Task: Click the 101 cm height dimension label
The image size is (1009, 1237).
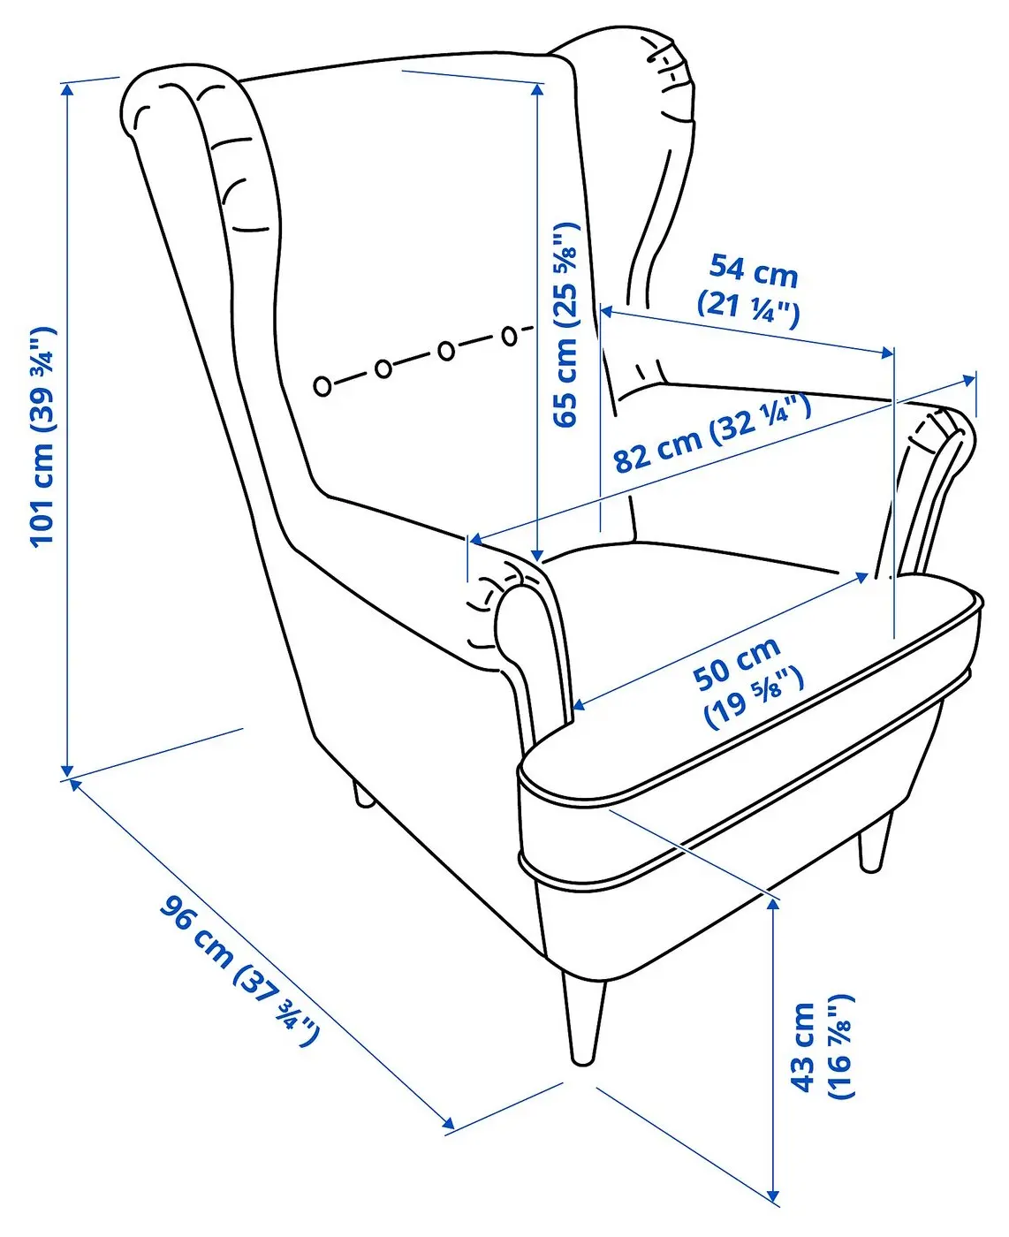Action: click(43, 437)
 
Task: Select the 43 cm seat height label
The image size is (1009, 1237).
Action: click(822, 1047)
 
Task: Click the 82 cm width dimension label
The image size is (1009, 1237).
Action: click(711, 433)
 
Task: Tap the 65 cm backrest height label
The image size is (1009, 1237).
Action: click(565, 324)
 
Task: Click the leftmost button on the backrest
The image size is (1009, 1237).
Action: click(322, 386)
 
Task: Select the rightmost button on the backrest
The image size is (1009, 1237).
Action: click(509, 336)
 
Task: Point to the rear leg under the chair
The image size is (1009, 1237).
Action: click(363, 794)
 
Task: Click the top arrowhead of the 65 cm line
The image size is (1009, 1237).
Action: click(538, 90)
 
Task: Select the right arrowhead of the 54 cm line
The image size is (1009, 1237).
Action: click(886, 352)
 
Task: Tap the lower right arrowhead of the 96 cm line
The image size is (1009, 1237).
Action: click(447, 1123)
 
